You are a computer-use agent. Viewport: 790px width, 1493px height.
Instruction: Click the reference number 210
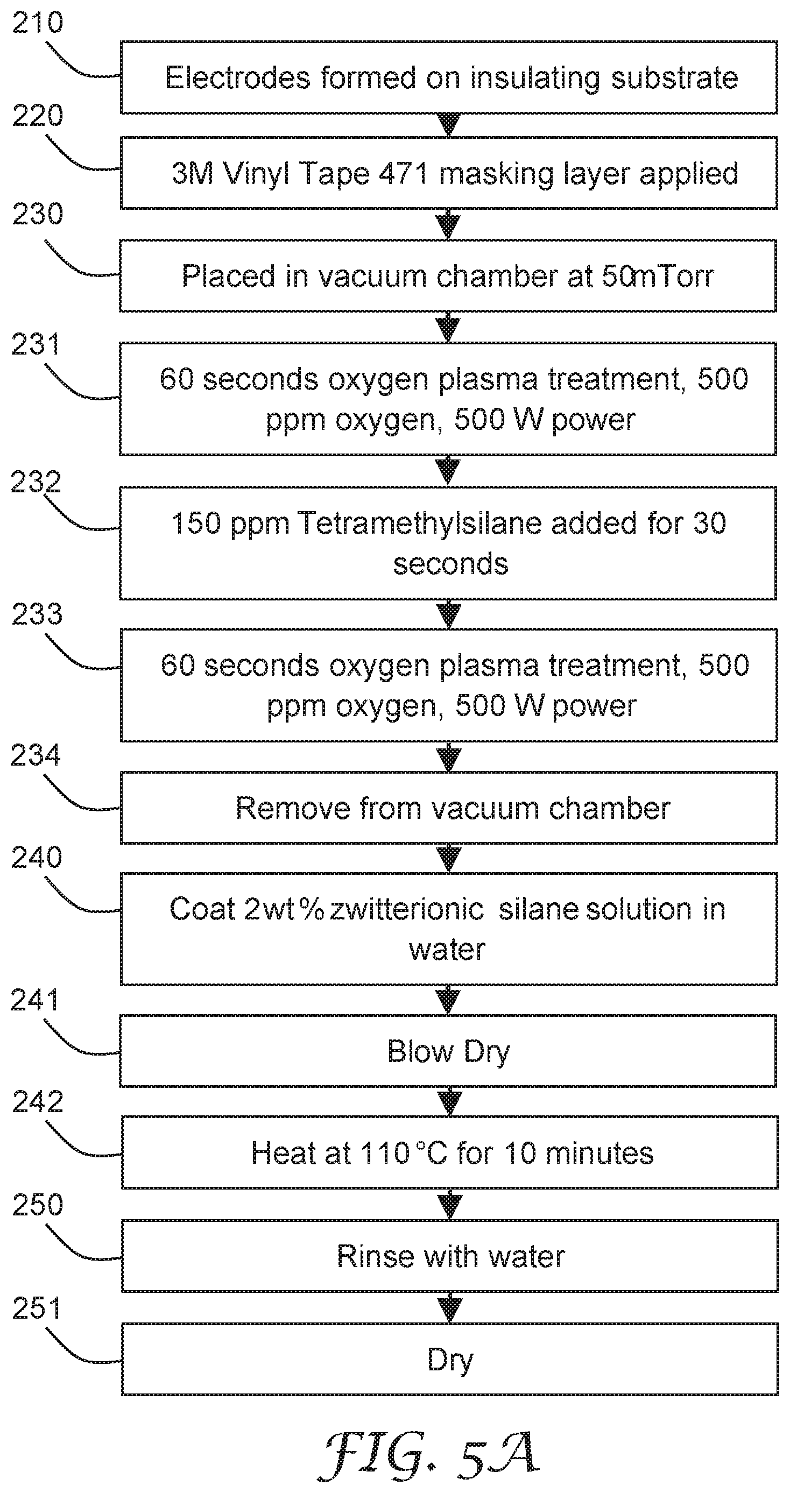point(38,23)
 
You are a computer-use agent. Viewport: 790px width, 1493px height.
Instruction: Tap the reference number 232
point(36,482)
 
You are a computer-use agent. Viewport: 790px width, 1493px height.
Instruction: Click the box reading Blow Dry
point(448,1051)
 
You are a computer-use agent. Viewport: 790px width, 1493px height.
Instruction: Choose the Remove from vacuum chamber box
point(449,808)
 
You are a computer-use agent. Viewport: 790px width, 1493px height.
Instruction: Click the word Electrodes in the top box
point(238,78)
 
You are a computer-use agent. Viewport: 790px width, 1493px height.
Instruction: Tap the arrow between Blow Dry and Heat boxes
point(449,1102)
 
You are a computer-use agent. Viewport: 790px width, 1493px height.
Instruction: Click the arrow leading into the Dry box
point(450,1307)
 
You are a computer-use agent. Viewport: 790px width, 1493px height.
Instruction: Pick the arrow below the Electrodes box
point(449,125)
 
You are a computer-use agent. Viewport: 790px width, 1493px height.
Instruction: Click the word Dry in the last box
point(450,1361)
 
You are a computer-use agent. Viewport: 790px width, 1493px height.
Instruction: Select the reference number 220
point(38,116)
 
